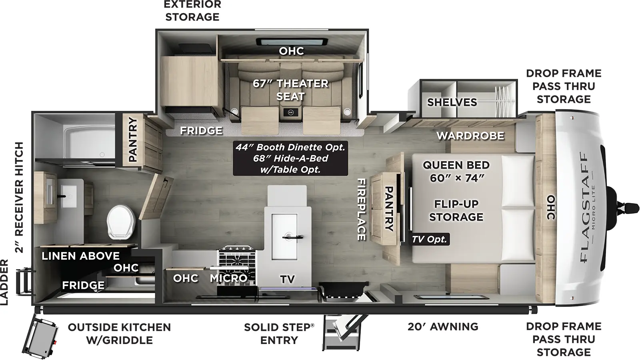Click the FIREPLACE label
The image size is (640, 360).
tap(361, 209)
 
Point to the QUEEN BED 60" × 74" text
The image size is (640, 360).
tap(456, 171)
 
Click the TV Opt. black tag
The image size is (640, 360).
tap(430, 239)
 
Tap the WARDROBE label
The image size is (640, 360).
tap(470, 136)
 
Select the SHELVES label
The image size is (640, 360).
tap(452, 102)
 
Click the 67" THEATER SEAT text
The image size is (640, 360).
tap(291, 90)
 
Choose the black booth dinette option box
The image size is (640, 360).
tap(290, 158)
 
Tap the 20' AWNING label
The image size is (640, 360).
tap(443, 327)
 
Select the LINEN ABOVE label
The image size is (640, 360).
tap(80, 256)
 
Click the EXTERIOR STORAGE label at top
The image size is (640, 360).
tap(192, 11)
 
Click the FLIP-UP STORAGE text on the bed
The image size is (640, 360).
tap(456, 210)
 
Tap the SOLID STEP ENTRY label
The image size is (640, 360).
tap(279, 334)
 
